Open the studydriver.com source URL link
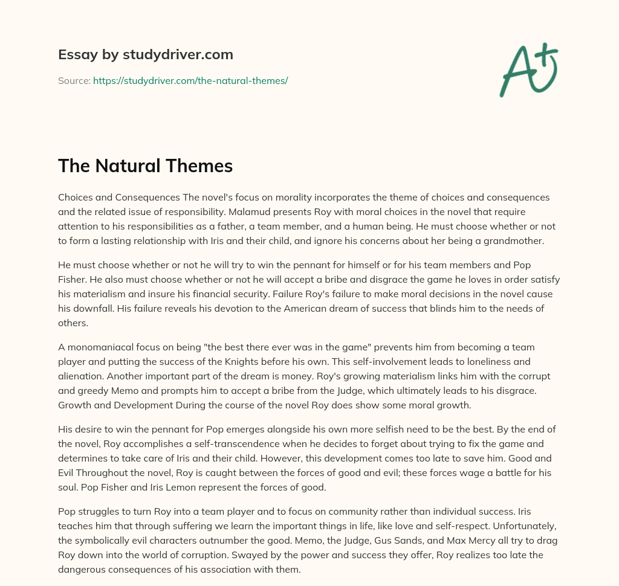pyautogui.click(x=190, y=80)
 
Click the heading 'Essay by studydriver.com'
pyautogui.click(x=145, y=54)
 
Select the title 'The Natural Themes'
pyautogui.click(x=145, y=166)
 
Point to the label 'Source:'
pyautogui.click(x=74, y=80)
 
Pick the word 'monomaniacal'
pyautogui.click(x=97, y=347)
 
